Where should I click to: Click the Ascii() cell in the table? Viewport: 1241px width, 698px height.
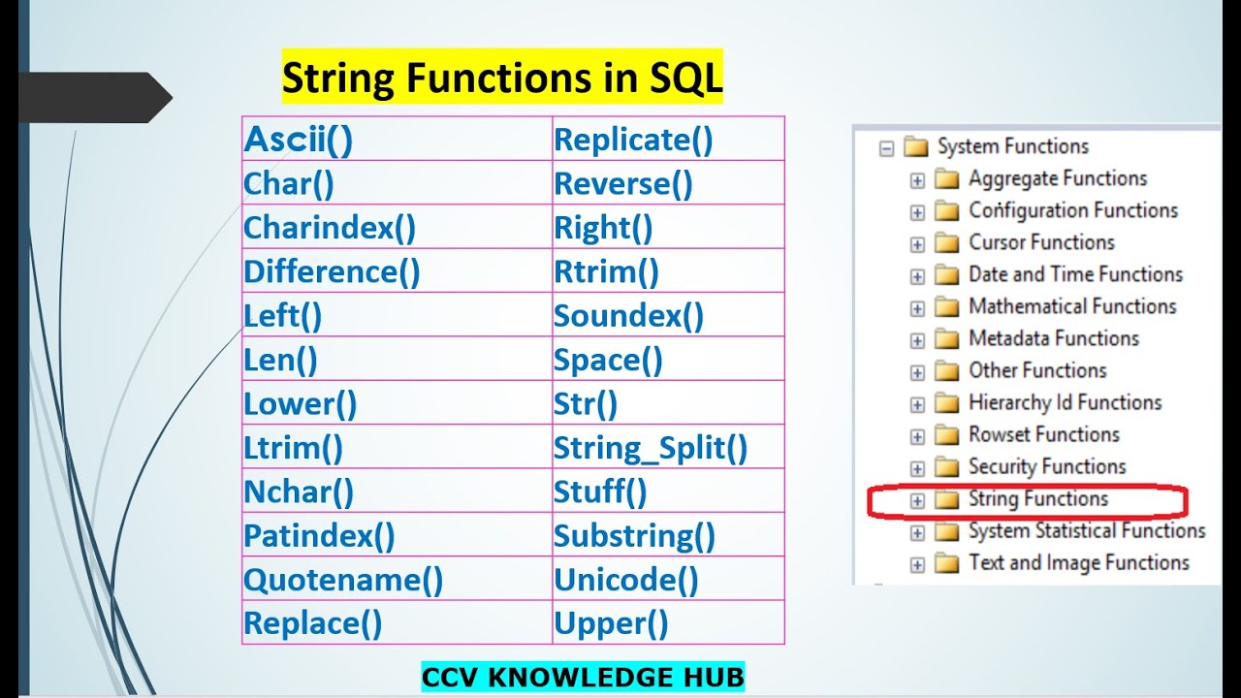(299, 140)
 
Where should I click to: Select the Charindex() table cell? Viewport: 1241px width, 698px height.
(330, 228)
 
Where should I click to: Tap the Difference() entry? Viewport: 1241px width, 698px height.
(332, 271)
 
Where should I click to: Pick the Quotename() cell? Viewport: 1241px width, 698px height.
(343, 580)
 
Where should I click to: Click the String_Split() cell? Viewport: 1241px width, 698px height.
(651, 448)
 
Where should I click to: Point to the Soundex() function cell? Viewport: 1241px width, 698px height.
(628, 316)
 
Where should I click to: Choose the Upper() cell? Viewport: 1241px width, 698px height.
(611, 623)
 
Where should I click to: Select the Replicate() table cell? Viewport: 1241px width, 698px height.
(633, 140)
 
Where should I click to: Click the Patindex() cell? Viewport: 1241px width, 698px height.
(319, 535)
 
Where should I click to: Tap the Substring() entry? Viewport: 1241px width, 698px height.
(634, 535)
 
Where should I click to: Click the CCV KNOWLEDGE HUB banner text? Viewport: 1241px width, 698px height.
(583, 676)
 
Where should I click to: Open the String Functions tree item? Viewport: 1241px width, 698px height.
(1037, 498)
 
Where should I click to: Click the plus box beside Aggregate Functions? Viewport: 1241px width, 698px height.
(917, 180)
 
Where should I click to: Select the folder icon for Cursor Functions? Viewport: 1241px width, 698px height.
(946, 243)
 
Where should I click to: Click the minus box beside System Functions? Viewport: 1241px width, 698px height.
(885, 148)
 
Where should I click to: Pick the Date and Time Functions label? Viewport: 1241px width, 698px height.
(1075, 274)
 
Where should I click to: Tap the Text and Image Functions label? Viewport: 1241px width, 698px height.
(1078, 562)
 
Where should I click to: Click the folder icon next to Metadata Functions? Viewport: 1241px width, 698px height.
(946, 339)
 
